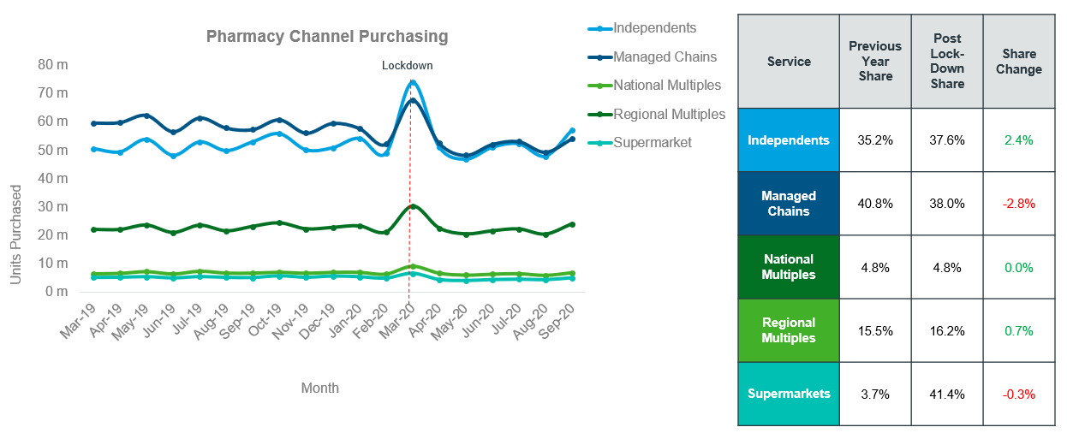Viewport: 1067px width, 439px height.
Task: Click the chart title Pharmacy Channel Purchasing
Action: (327, 37)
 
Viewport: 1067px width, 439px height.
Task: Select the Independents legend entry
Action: (642, 28)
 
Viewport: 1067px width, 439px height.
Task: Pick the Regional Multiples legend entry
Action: (657, 115)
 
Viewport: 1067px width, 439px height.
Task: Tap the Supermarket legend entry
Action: (640, 142)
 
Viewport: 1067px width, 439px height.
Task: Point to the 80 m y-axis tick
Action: (53, 65)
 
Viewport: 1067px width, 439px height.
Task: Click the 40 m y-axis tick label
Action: (53, 179)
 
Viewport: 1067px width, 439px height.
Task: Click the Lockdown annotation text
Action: (408, 66)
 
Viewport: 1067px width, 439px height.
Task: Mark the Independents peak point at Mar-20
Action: (413, 83)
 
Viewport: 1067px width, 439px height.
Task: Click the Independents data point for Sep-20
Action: (573, 130)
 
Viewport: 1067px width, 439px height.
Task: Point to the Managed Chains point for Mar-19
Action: (93, 124)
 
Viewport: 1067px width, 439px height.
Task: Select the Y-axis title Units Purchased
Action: (15, 234)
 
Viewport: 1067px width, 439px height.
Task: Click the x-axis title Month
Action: (320, 388)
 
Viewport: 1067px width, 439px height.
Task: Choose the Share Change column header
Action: (1019, 62)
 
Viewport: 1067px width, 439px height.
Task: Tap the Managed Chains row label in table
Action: (789, 204)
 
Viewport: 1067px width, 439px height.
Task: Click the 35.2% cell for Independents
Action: (875, 140)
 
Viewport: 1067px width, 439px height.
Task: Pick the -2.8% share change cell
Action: (1019, 204)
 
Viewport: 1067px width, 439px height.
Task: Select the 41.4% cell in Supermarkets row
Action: (947, 395)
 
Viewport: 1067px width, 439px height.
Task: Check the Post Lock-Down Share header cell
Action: (947, 61)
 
